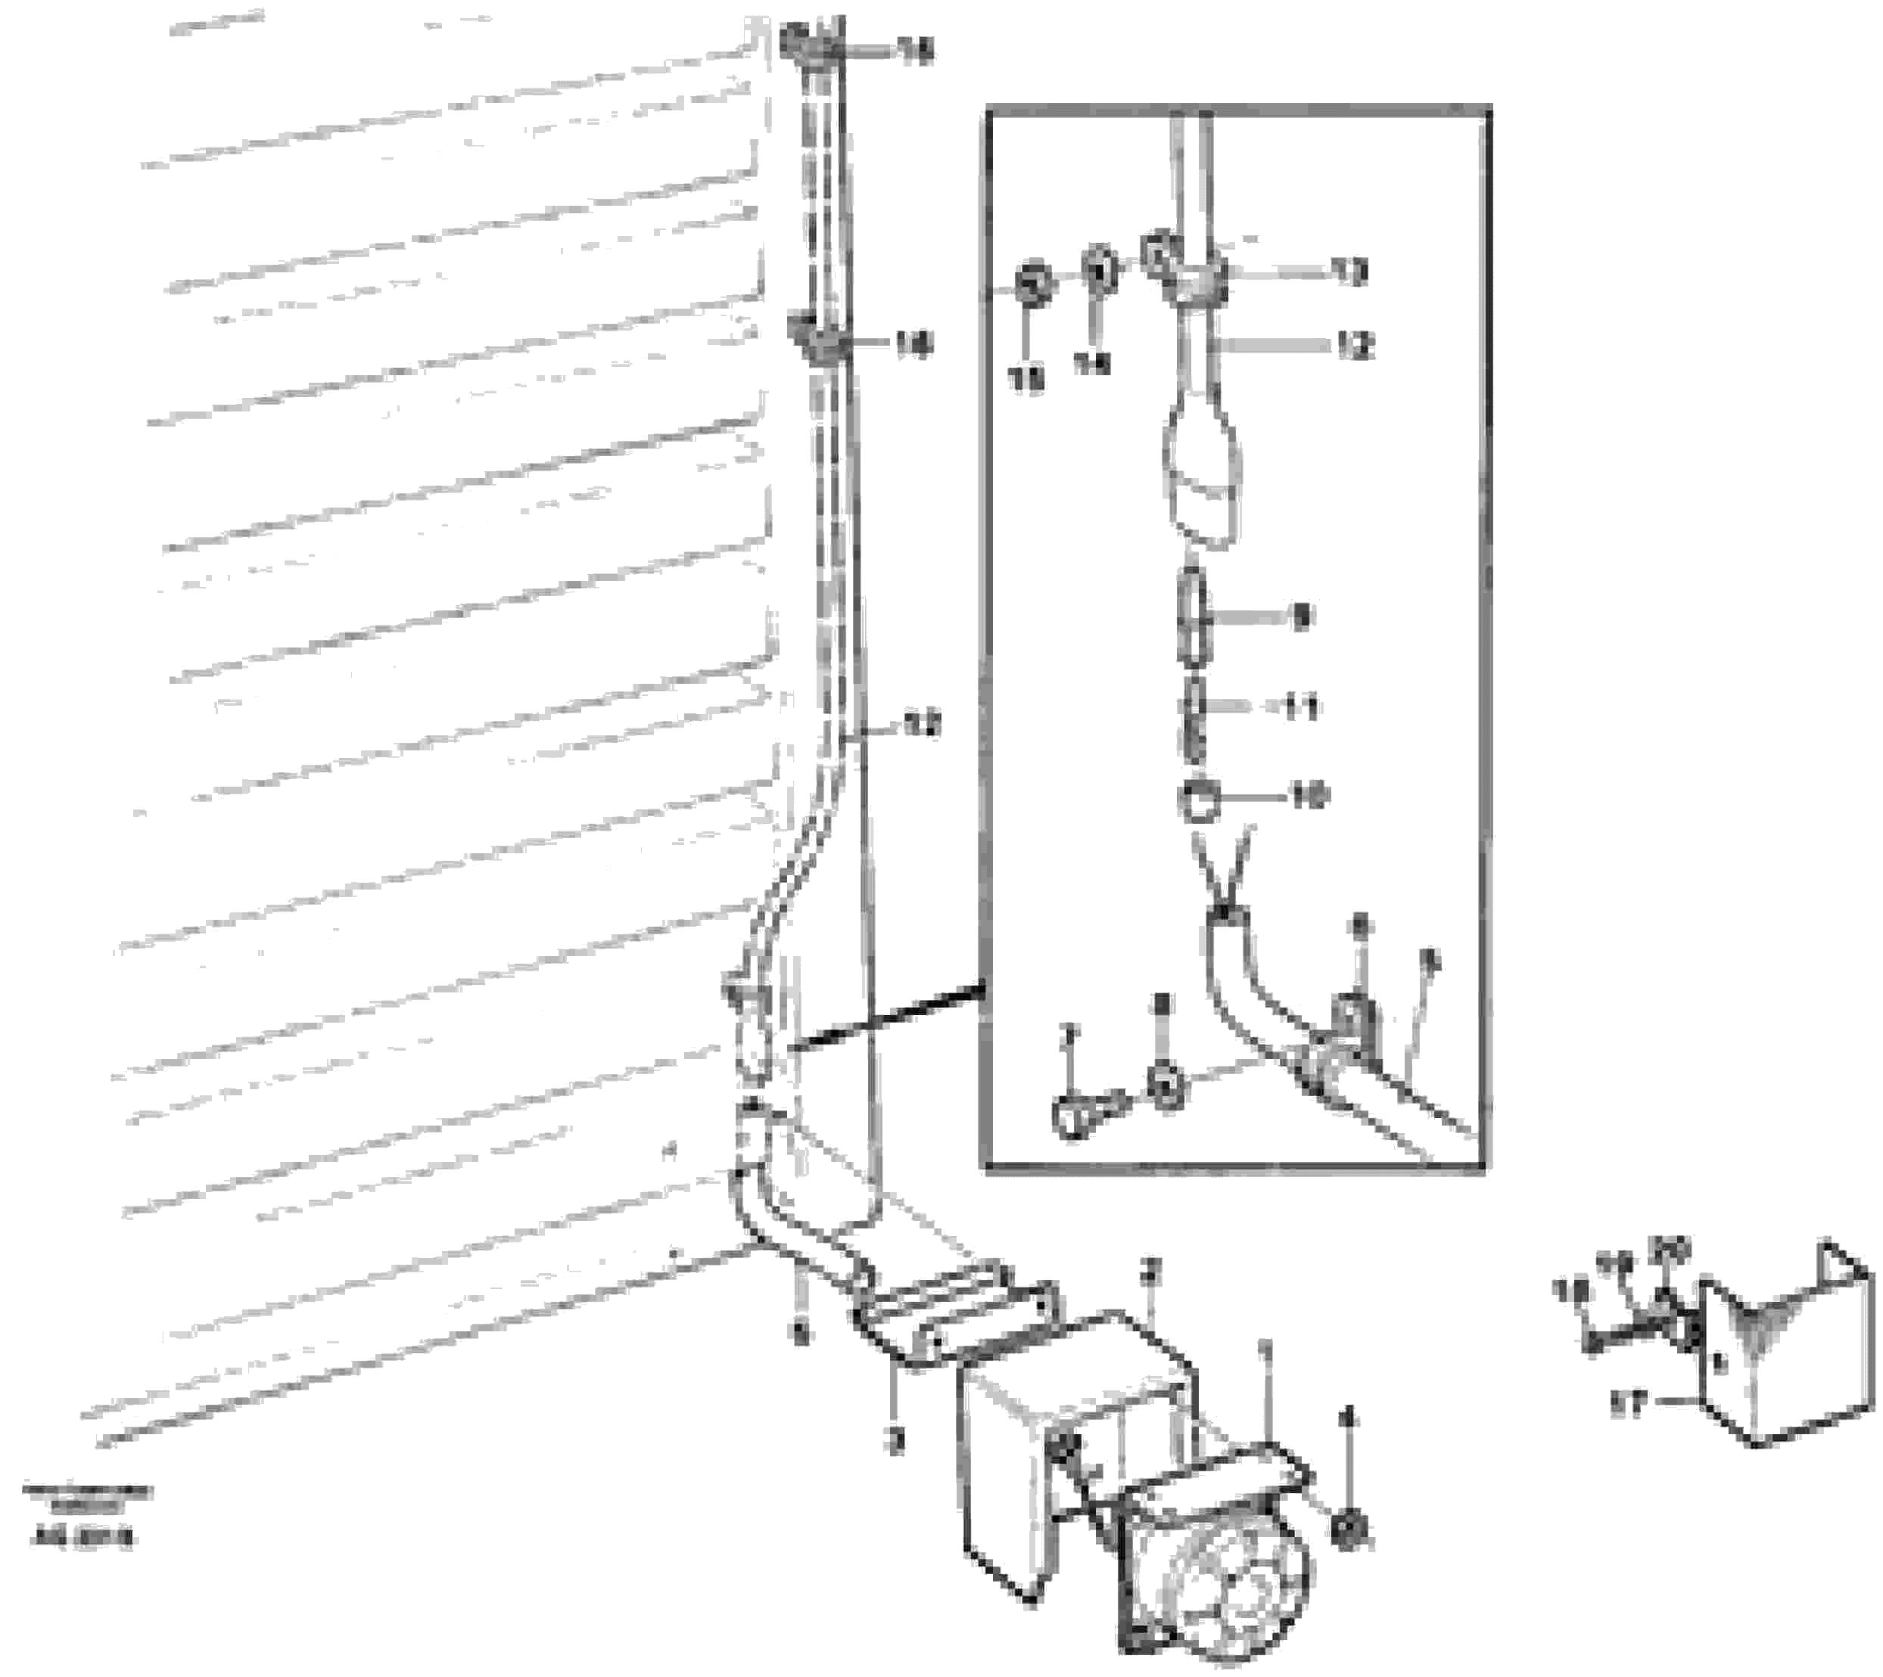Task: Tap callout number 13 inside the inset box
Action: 1351,272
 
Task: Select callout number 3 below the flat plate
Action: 894,1440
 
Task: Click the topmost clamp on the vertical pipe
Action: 811,46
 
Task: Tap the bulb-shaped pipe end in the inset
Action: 1203,479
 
